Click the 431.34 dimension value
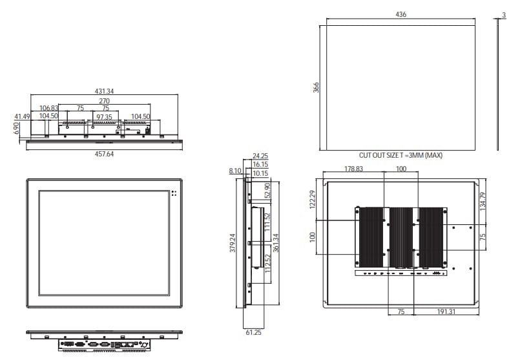point(104,92)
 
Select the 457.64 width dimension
point(104,154)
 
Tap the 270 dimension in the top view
point(103,101)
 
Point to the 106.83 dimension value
point(49,109)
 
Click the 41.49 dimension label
point(23,116)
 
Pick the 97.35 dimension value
point(104,116)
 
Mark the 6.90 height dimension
point(16,129)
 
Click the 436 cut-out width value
point(400,14)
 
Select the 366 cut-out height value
point(317,87)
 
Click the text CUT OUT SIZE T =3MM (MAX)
point(400,156)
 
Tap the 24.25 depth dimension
point(260,156)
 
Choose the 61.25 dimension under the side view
point(253,332)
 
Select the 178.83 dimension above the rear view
point(353,169)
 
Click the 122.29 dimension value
point(312,200)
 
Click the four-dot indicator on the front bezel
point(174,193)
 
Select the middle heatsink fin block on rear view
point(400,236)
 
